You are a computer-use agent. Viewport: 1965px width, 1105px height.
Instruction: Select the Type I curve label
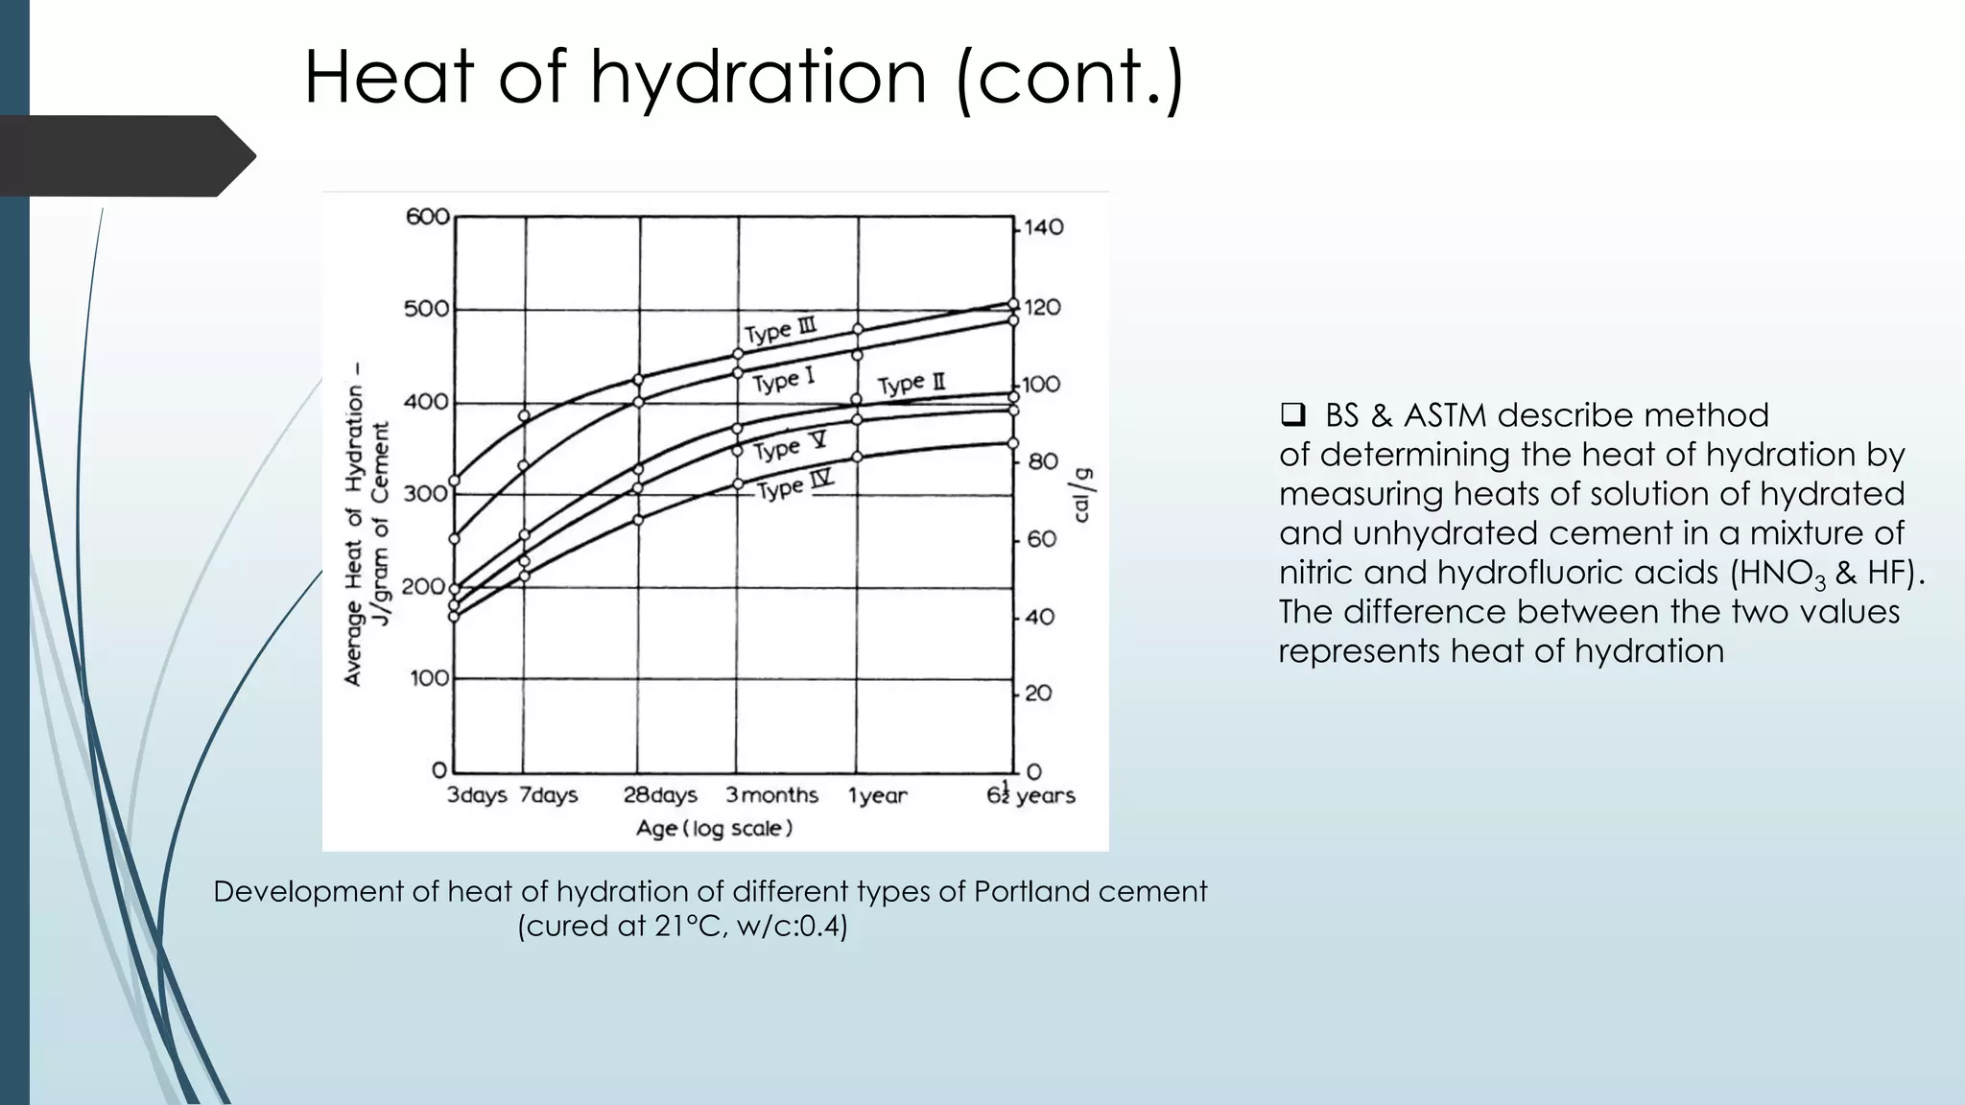coord(783,380)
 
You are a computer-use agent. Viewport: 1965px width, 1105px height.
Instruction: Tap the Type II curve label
coord(911,384)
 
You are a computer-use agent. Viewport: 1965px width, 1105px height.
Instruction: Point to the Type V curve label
coord(789,447)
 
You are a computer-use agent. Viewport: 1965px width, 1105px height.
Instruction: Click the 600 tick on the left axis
coord(427,217)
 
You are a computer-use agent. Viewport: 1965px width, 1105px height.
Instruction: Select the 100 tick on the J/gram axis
coord(429,678)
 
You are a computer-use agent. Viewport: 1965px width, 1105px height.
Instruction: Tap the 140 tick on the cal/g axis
coord(1044,227)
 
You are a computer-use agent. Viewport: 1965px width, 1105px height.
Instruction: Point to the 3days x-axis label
coord(477,795)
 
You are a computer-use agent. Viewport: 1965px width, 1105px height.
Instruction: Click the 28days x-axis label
coord(660,795)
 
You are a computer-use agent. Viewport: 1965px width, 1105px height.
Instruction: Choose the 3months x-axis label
coord(771,795)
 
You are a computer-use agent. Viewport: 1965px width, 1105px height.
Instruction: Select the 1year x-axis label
coord(877,795)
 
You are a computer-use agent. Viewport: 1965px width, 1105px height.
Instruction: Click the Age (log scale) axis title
coord(714,828)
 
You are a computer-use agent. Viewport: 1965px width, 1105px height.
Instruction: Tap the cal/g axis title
coord(1082,495)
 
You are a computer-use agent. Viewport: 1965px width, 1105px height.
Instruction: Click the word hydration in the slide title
coord(758,77)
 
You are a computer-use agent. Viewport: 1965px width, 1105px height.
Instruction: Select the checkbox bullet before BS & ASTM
coord(1292,415)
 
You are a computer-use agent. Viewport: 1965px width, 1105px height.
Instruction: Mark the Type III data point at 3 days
coord(455,481)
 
